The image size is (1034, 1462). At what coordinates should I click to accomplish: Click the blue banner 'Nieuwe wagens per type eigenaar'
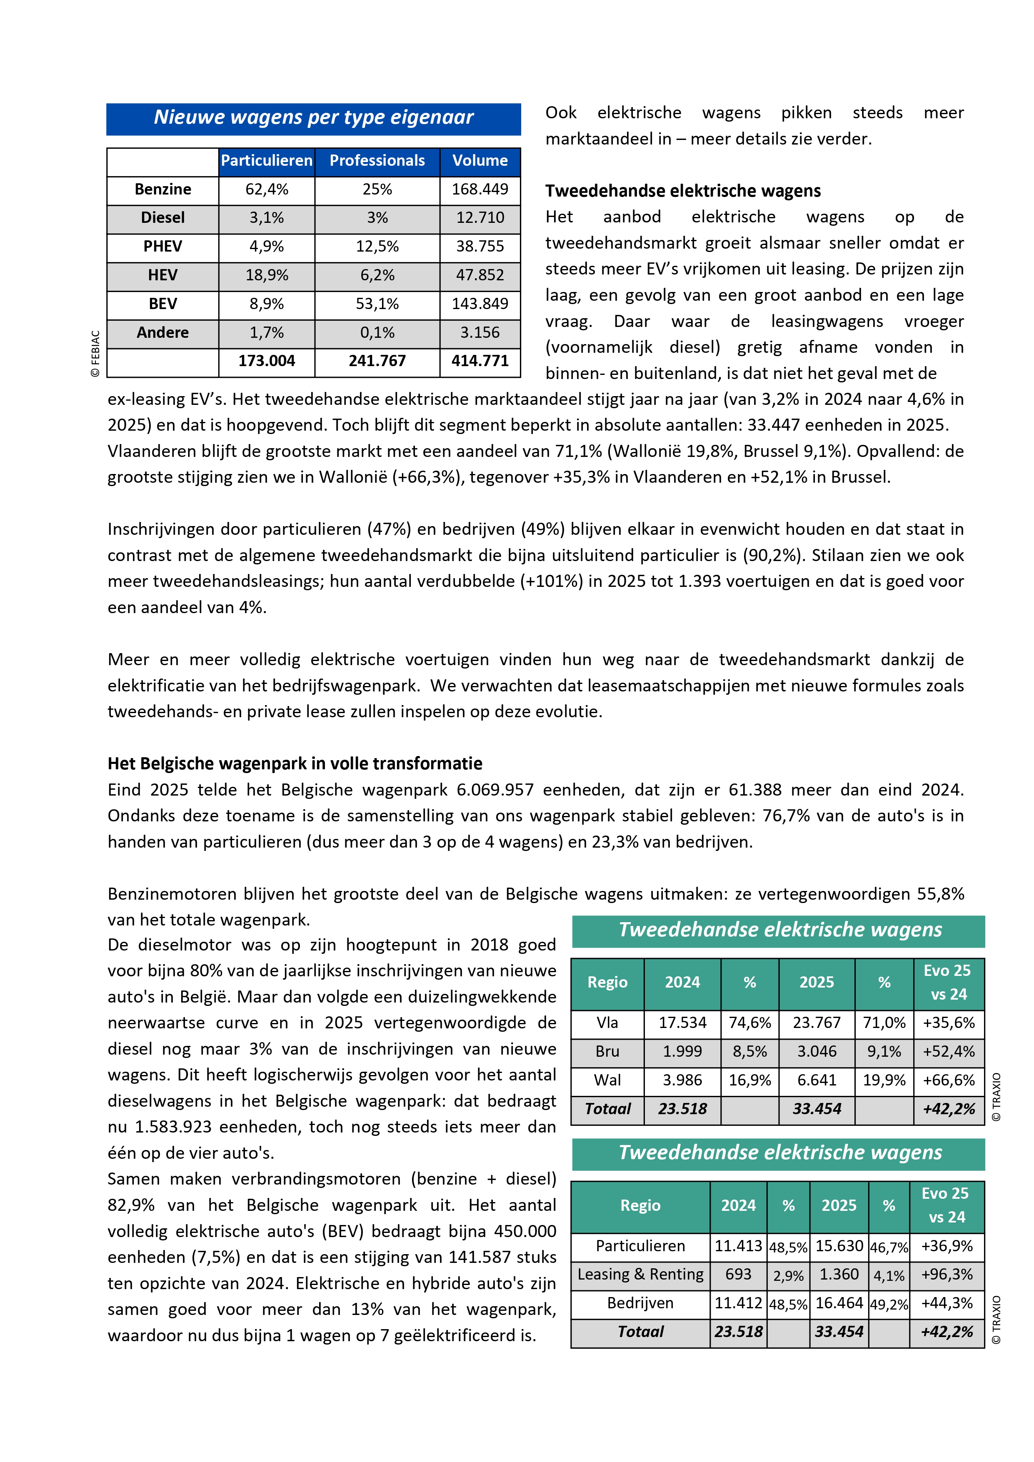coord(313,118)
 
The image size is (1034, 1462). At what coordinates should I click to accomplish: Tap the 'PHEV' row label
coord(162,247)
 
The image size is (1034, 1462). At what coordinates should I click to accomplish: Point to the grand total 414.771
coord(480,362)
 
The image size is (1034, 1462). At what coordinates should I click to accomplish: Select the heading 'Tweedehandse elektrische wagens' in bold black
coord(682,192)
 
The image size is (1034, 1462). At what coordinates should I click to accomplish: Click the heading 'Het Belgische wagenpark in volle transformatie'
coord(295,764)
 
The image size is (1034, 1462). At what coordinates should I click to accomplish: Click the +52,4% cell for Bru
coord(948,1052)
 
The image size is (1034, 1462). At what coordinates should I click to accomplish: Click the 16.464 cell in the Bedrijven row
coord(839,1303)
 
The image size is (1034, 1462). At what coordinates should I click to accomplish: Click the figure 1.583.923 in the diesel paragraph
coord(173,1127)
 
